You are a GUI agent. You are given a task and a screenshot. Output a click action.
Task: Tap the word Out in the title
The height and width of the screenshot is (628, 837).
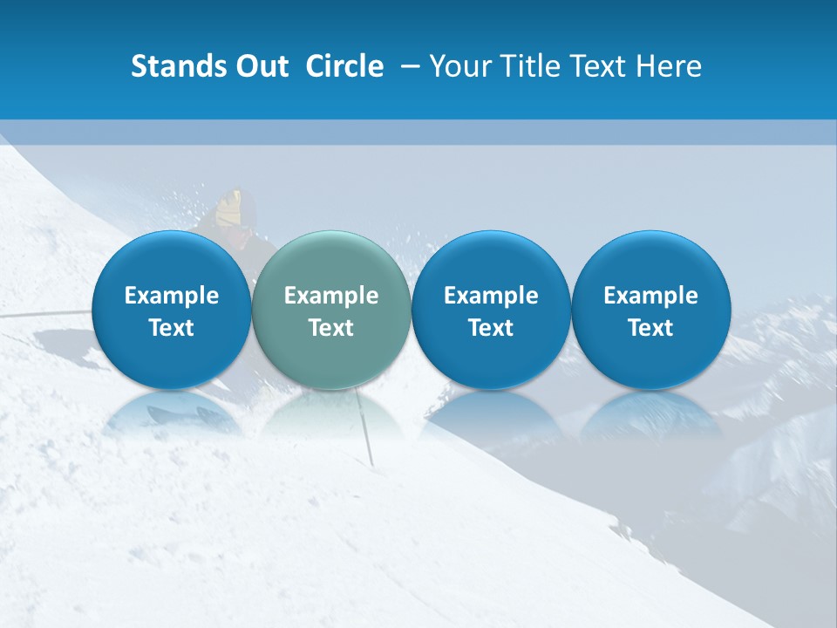point(260,66)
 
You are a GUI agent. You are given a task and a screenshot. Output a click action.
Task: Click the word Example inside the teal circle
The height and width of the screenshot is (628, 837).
point(331,296)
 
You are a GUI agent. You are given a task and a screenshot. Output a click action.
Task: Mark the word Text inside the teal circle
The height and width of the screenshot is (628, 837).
point(331,328)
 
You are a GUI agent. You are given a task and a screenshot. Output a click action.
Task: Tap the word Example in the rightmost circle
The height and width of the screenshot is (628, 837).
point(650,296)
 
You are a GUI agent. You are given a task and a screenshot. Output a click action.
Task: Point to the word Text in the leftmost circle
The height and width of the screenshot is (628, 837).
point(171,328)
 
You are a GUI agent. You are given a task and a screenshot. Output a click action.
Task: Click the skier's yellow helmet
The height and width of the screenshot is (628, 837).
point(231,208)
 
